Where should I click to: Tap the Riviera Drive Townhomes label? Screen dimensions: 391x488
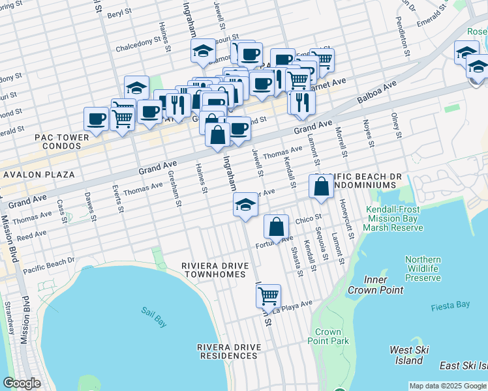pos(213,270)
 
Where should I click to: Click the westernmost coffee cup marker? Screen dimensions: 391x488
pos(97,119)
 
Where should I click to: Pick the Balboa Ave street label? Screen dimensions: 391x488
pos(377,94)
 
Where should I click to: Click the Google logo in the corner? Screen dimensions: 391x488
pos(22,383)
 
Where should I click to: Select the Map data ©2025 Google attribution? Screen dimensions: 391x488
pos(447,386)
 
